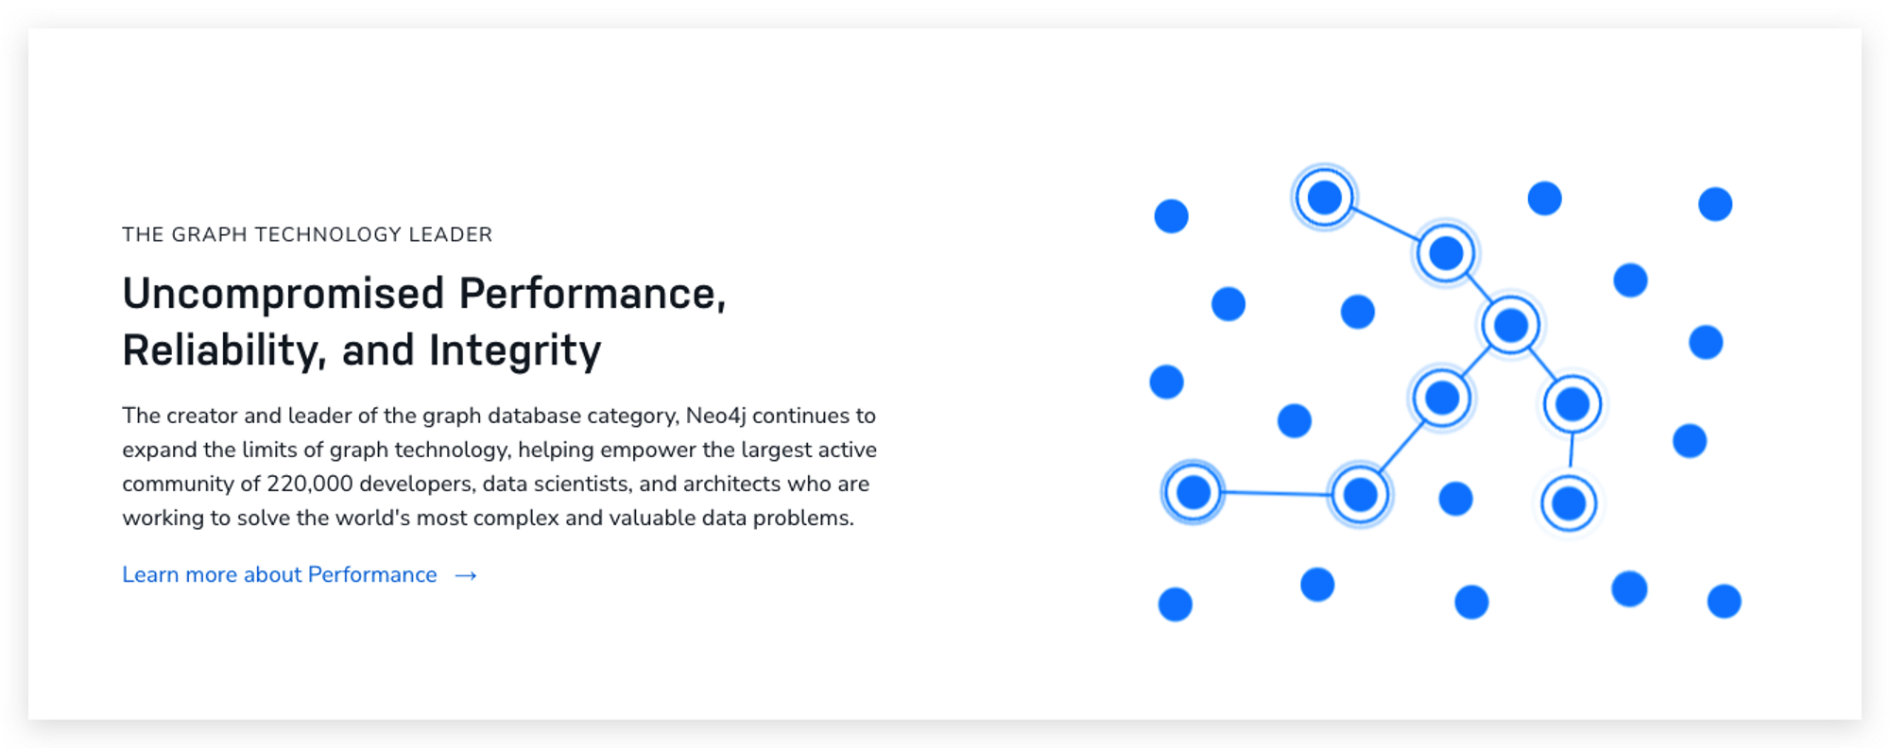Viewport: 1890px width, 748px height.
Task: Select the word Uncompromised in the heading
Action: coord(283,294)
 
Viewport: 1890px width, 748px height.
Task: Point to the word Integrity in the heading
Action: coord(515,351)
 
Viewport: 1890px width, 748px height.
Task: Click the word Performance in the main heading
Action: coord(593,294)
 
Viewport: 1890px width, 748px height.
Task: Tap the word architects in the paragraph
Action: coord(732,484)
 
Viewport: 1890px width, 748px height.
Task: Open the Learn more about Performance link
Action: coord(280,574)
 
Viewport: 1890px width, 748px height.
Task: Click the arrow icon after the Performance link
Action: coord(466,575)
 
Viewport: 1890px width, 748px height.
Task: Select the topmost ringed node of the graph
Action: coord(1325,197)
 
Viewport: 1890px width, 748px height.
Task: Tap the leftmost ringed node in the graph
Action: coord(1193,492)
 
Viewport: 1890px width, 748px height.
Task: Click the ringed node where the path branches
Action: coord(1511,325)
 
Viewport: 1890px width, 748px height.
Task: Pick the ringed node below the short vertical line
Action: coord(1569,503)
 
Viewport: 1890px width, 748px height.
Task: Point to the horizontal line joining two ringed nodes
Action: coord(1276,493)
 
